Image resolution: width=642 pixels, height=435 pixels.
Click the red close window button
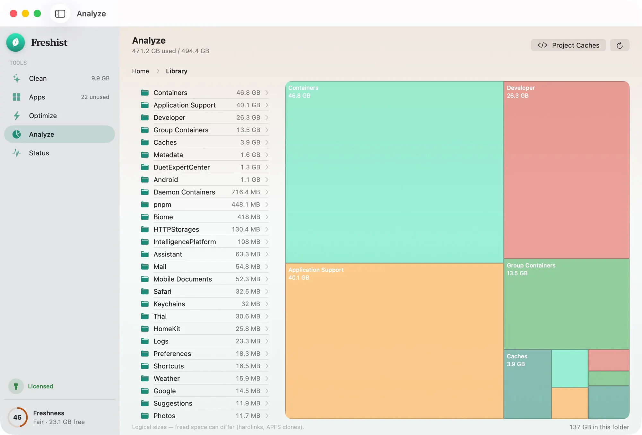(x=13, y=13)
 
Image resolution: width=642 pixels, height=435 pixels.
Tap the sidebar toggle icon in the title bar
(x=60, y=13)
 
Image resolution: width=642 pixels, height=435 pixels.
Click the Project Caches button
(x=568, y=45)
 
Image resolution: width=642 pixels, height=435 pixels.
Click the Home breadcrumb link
(x=141, y=71)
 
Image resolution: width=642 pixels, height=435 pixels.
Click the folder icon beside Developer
(x=145, y=117)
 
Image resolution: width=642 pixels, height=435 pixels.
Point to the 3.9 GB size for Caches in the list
(x=250, y=142)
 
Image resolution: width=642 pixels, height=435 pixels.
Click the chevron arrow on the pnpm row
(x=267, y=204)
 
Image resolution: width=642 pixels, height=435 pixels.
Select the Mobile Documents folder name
(x=183, y=279)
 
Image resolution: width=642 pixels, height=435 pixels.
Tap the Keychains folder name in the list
(x=169, y=304)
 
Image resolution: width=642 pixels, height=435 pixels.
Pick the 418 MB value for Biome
(x=249, y=217)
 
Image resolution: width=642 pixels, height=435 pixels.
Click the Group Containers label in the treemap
(x=531, y=265)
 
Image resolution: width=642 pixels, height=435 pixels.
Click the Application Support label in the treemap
(x=316, y=270)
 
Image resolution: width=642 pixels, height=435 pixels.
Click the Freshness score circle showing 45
(x=17, y=417)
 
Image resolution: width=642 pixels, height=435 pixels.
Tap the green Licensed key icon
(x=16, y=386)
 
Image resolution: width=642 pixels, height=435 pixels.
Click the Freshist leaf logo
(x=15, y=42)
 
